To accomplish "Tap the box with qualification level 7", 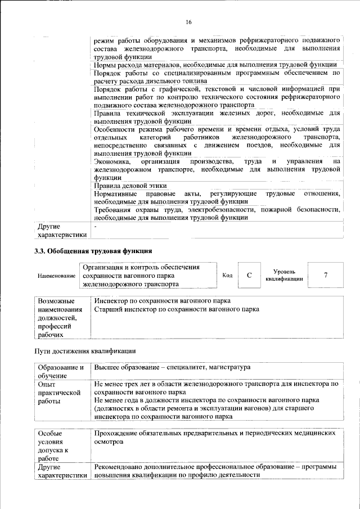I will (326, 275).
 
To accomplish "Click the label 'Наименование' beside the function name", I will (57, 276).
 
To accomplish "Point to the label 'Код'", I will (228, 275).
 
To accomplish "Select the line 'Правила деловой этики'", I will (130, 186).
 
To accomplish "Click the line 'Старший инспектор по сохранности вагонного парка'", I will (176, 309).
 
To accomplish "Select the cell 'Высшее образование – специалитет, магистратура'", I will (172, 367).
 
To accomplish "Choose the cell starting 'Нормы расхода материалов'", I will (215, 65).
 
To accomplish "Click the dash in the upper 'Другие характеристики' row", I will (96, 227).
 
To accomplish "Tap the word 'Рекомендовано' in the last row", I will (120, 467).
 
